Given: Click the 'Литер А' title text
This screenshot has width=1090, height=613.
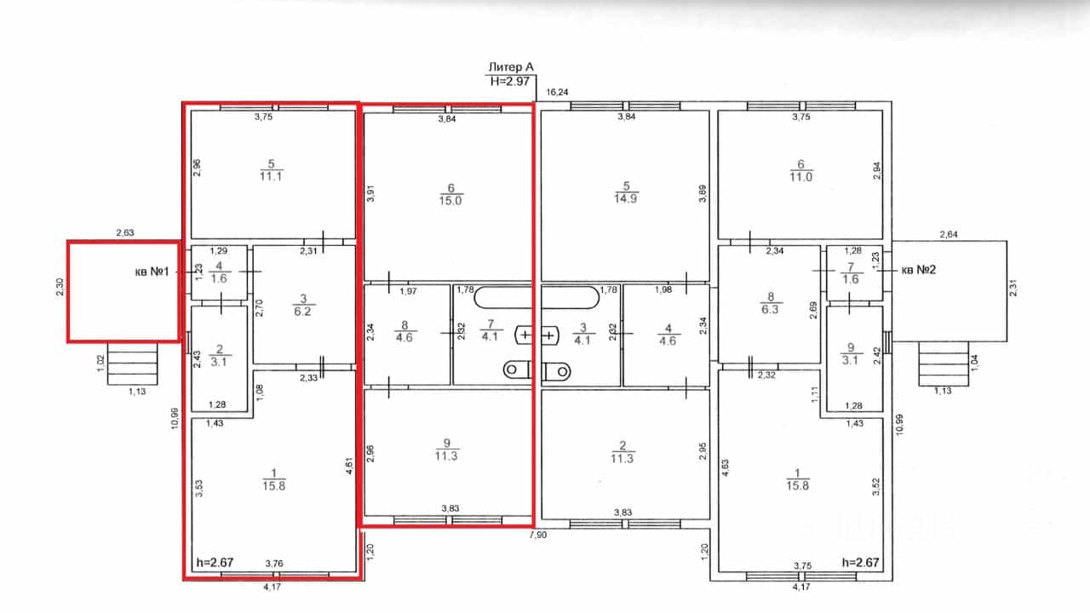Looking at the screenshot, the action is click(510, 67).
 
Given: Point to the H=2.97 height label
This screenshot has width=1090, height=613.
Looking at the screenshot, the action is click(509, 81).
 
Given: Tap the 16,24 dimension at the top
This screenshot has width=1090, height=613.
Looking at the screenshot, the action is click(557, 92).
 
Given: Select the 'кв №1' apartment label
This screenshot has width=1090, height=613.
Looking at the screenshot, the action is click(152, 272).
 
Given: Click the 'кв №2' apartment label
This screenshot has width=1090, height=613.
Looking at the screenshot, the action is click(919, 270).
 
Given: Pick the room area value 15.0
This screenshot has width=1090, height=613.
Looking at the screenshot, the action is click(450, 201).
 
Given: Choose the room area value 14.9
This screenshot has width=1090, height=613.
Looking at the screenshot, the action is click(625, 198).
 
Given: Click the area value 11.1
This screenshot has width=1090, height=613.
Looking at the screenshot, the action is click(271, 176).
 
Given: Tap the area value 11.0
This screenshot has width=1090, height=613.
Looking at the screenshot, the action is click(800, 176).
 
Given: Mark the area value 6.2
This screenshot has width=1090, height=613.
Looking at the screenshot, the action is click(302, 312).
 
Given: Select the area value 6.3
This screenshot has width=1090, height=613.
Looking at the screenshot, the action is click(770, 310).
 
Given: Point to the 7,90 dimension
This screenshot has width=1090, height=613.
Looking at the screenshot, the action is click(537, 536).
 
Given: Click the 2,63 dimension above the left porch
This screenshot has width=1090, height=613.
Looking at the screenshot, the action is click(125, 232).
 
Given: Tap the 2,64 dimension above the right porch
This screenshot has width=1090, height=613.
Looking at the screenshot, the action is click(949, 234).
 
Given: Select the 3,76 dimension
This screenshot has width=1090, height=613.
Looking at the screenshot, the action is click(274, 564).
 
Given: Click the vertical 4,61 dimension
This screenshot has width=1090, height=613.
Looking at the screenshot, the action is click(349, 465).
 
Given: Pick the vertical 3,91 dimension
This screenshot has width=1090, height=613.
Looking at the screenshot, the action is click(370, 193).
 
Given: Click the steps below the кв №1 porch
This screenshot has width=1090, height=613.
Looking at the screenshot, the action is click(132, 364).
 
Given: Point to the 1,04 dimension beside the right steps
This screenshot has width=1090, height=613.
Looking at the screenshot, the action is click(975, 363).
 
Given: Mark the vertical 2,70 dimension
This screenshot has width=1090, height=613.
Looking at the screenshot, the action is click(260, 308).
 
